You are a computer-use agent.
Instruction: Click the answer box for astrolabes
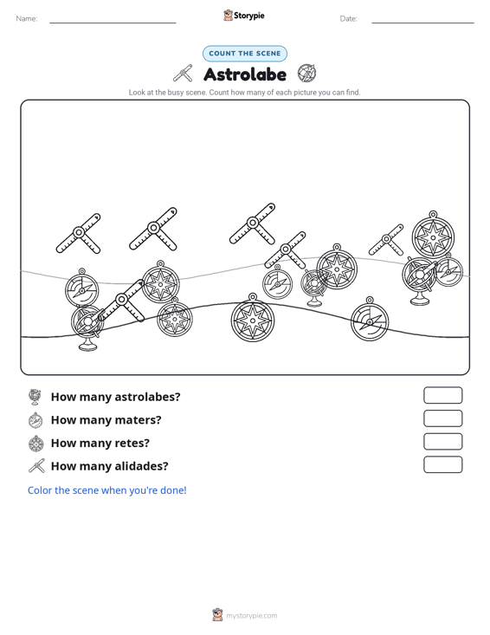point(442,395)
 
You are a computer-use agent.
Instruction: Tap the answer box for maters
point(442,418)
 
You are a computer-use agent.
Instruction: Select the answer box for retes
point(442,442)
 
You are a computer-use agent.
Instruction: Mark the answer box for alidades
point(442,464)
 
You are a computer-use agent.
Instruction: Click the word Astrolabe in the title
point(245,75)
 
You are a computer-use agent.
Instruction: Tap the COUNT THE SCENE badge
point(245,54)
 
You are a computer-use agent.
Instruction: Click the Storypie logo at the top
point(244,16)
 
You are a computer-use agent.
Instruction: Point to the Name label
point(27,19)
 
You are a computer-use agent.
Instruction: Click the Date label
point(348,19)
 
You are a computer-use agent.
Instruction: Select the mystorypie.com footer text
point(252,616)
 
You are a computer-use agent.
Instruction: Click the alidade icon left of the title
point(184,74)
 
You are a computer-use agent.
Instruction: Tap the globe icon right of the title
point(306,73)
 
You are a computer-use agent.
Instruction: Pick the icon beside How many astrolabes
point(35,397)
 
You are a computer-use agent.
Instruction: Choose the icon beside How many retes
point(36,444)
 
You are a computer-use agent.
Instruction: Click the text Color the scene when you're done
point(106,490)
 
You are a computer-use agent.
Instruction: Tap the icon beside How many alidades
point(36,466)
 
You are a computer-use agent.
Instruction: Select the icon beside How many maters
point(35,420)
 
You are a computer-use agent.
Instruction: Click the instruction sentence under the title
point(244,93)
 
